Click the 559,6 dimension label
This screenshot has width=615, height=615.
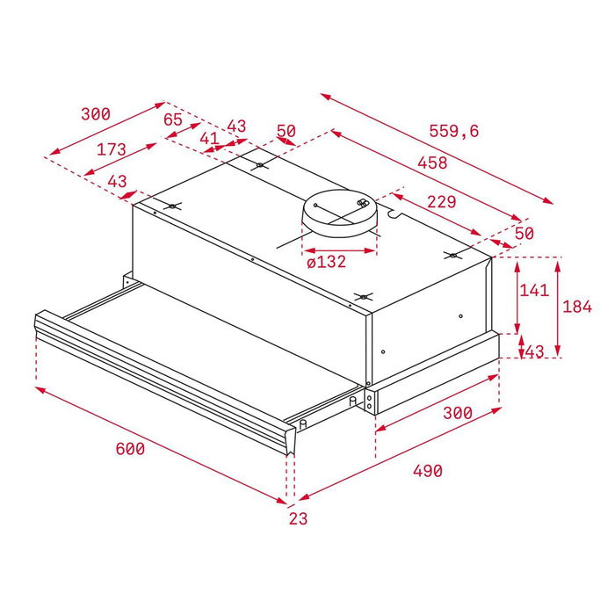(454, 131)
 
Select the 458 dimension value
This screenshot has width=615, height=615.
(432, 163)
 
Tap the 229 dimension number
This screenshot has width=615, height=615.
(441, 201)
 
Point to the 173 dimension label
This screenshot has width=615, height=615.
(112, 149)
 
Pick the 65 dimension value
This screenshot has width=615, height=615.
(173, 119)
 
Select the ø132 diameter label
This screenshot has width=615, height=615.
(326, 262)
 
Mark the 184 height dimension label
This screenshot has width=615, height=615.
(576, 307)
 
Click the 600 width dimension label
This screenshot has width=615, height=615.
(130, 449)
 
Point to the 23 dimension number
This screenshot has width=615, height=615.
(299, 519)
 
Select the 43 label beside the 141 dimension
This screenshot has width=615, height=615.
(534, 351)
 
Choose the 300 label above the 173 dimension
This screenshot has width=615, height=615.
(95, 114)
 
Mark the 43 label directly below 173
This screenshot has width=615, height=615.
(117, 181)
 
